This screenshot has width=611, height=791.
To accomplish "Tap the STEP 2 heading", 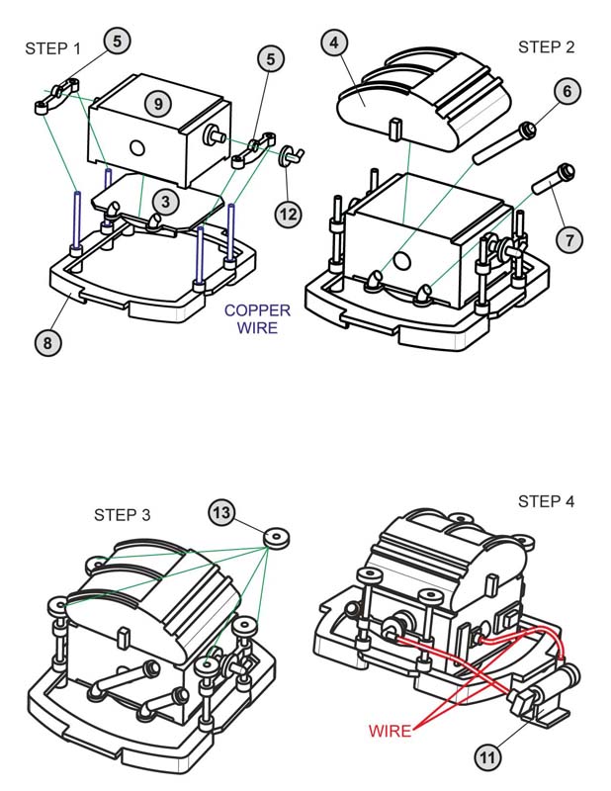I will click(x=546, y=46).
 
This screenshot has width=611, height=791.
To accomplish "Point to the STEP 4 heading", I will click(x=546, y=501).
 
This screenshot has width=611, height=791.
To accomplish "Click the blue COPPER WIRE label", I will click(x=257, y=318).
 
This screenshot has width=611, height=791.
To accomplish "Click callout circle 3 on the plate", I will click(x=165, y=202).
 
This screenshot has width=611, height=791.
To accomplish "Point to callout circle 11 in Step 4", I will click(x=487, y=758).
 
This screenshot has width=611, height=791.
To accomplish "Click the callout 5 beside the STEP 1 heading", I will click(x=118, y=41).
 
